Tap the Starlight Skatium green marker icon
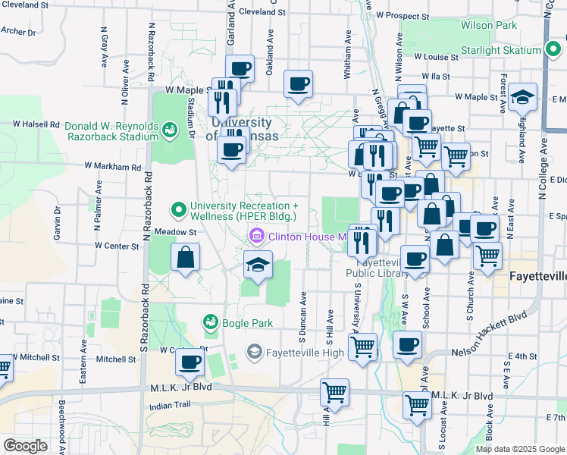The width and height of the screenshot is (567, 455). tap(553, 52)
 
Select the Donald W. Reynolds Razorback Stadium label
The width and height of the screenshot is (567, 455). tap(111, 131)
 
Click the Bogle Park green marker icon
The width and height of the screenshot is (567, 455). tap(209, 323)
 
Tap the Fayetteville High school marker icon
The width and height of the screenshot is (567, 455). tap(254, 351)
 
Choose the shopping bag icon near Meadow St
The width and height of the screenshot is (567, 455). tap(186, 258)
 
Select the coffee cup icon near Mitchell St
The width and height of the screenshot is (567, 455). tap(190, 362)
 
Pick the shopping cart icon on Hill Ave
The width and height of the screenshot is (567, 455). tap(334, 392)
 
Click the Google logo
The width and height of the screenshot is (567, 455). tap(25, 446)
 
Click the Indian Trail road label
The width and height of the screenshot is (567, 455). tap(171, 406)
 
